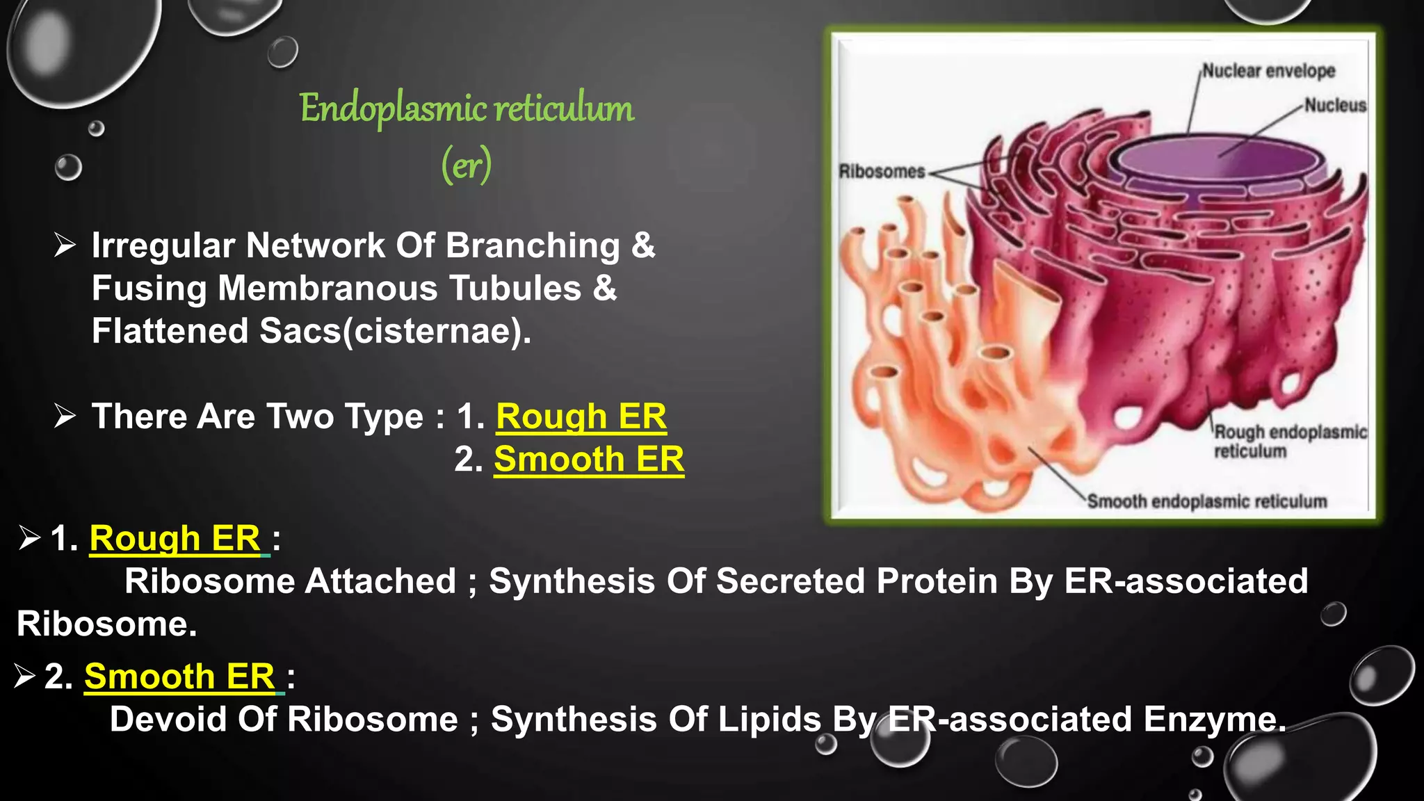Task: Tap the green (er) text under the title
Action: click(467, 165)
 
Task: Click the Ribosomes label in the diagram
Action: click(882, 171)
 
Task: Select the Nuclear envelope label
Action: click(1268, 71)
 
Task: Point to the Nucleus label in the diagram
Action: click(1335, 105)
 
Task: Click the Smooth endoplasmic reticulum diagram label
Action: click(1207, 501)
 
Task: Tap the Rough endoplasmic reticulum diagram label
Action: click(1290, 441)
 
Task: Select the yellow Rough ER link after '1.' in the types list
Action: click(581, 417)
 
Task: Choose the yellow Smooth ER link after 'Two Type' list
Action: click(589, 460)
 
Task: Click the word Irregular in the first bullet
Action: click(163, 246)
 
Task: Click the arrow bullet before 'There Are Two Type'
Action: click(65, 416)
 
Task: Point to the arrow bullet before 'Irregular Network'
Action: click(65, 245)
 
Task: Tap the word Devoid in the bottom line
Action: click(168, 720)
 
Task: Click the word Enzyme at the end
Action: click(1214, 720)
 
